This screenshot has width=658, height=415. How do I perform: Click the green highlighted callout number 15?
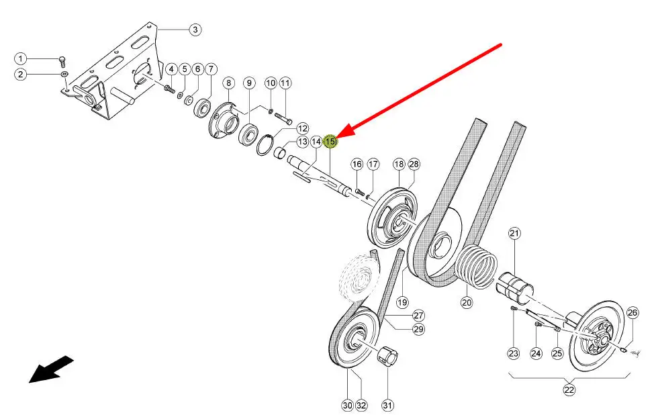pyautogui.click(x=330, y=142)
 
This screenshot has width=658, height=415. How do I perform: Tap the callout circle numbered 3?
pyautogui.click(x=195, y=30)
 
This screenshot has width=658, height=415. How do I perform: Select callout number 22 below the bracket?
pyautogui.click(x=569, y=390)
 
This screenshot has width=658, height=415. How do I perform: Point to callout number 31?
pyautogui.click(x=388, y=406)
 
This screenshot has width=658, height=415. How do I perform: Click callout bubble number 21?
pyautogui.click(x=514, y=233)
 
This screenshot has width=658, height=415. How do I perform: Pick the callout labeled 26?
pyautogui.click(x=632, y=313)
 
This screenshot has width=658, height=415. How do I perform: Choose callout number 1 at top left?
pyautogui.click(x=21, y=58)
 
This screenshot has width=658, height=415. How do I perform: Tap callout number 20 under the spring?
pyautogui.click(x=467, y=302)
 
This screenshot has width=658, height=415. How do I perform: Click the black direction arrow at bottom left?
pyautogui.click(x=50, y=370)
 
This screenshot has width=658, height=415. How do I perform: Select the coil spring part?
pyautogui.click(x=477, y=266)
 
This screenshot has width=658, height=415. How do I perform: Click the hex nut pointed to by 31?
pyautogui.click(x=387, y=357)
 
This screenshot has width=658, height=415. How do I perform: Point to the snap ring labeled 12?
pyautogui.click(x=266, y=144)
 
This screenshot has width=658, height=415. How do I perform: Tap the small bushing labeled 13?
pyautogui.click(x=281, y=153)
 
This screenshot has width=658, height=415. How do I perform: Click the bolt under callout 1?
pyautogui.click(x=62, y=62)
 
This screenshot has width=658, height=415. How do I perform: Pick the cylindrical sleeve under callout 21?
pyautogui.click(x=514, y=287)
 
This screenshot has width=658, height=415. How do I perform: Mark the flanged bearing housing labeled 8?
pyautogui.click(x=222, y=120)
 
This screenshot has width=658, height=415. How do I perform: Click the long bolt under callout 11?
pyautogui.click(x=283, y=117)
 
